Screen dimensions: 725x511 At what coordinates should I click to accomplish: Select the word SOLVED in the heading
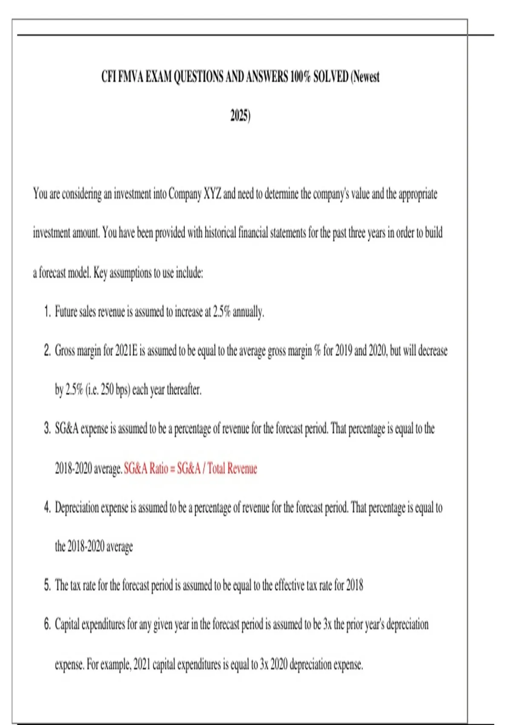(330, 77)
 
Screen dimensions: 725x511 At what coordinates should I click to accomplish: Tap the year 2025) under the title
(241, 116)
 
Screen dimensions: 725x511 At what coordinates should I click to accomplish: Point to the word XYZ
(212, 194)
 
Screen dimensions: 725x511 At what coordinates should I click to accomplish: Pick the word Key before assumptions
(100, 273)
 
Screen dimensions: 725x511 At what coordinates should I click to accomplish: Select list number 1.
(47, 312)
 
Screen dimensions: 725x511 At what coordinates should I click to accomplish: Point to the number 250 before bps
(107, 390)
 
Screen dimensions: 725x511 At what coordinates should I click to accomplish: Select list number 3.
(47, 429)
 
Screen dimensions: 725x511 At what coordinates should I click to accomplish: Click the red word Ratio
(159, 469)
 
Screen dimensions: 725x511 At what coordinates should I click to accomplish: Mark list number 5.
(47, 585)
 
